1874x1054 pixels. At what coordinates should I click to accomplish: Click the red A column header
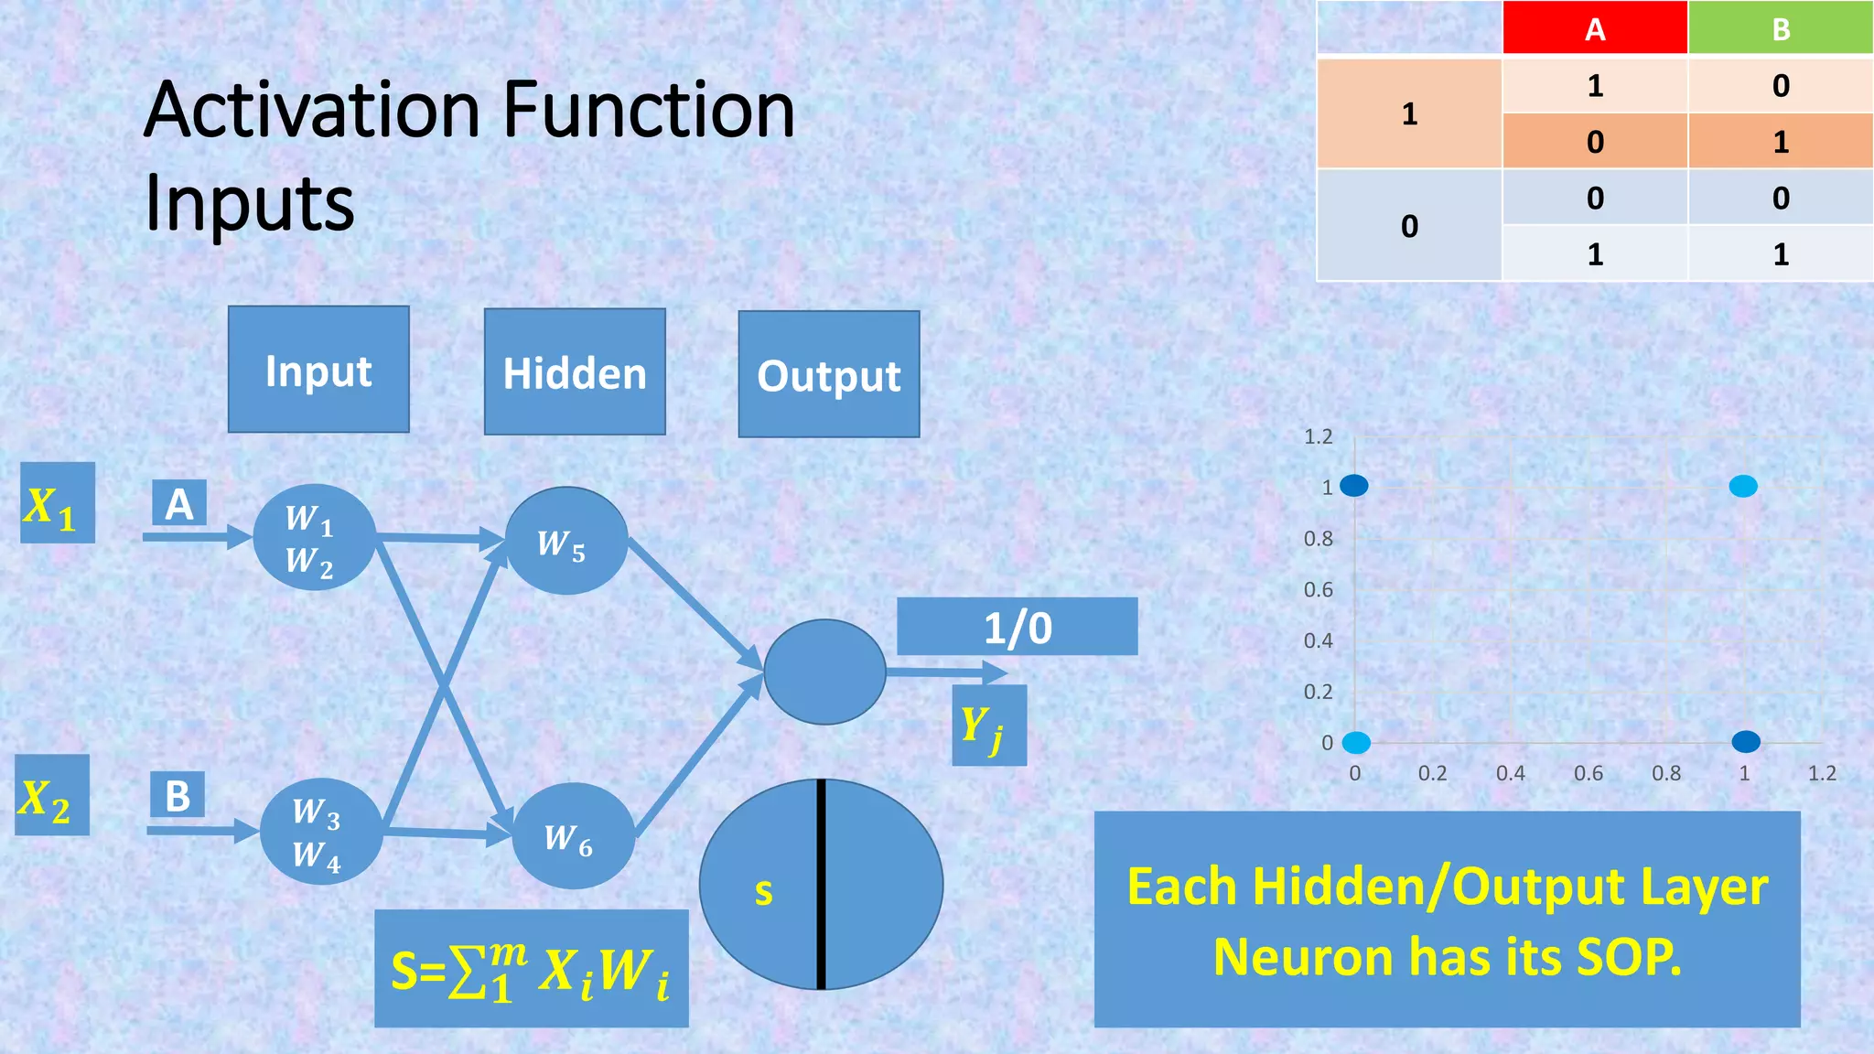point(1595,28)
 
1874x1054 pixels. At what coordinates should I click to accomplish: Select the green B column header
point(1781,28)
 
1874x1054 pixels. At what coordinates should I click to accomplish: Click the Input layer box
point(318,370)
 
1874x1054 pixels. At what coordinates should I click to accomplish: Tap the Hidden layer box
point(575,372)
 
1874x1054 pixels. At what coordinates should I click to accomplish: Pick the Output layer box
point(829,375)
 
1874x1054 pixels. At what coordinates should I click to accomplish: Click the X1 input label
point(57,504)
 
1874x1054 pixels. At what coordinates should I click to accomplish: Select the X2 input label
point(52,796)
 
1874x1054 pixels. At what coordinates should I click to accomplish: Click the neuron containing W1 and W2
point(314,538)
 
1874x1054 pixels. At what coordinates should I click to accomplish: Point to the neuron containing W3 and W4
point(320,832)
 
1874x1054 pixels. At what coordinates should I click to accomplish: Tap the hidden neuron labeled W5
point(565,542)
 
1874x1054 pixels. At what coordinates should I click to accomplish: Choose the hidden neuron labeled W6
point(573,836)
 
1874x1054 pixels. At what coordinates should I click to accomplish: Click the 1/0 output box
point(1017,628)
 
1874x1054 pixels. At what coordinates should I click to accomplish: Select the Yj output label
point(988,726)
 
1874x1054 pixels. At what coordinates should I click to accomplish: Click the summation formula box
point(531,969)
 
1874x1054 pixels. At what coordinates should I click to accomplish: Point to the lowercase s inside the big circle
point(763,891)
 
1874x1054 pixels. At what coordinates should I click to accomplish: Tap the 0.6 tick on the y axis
point(1318,590)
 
